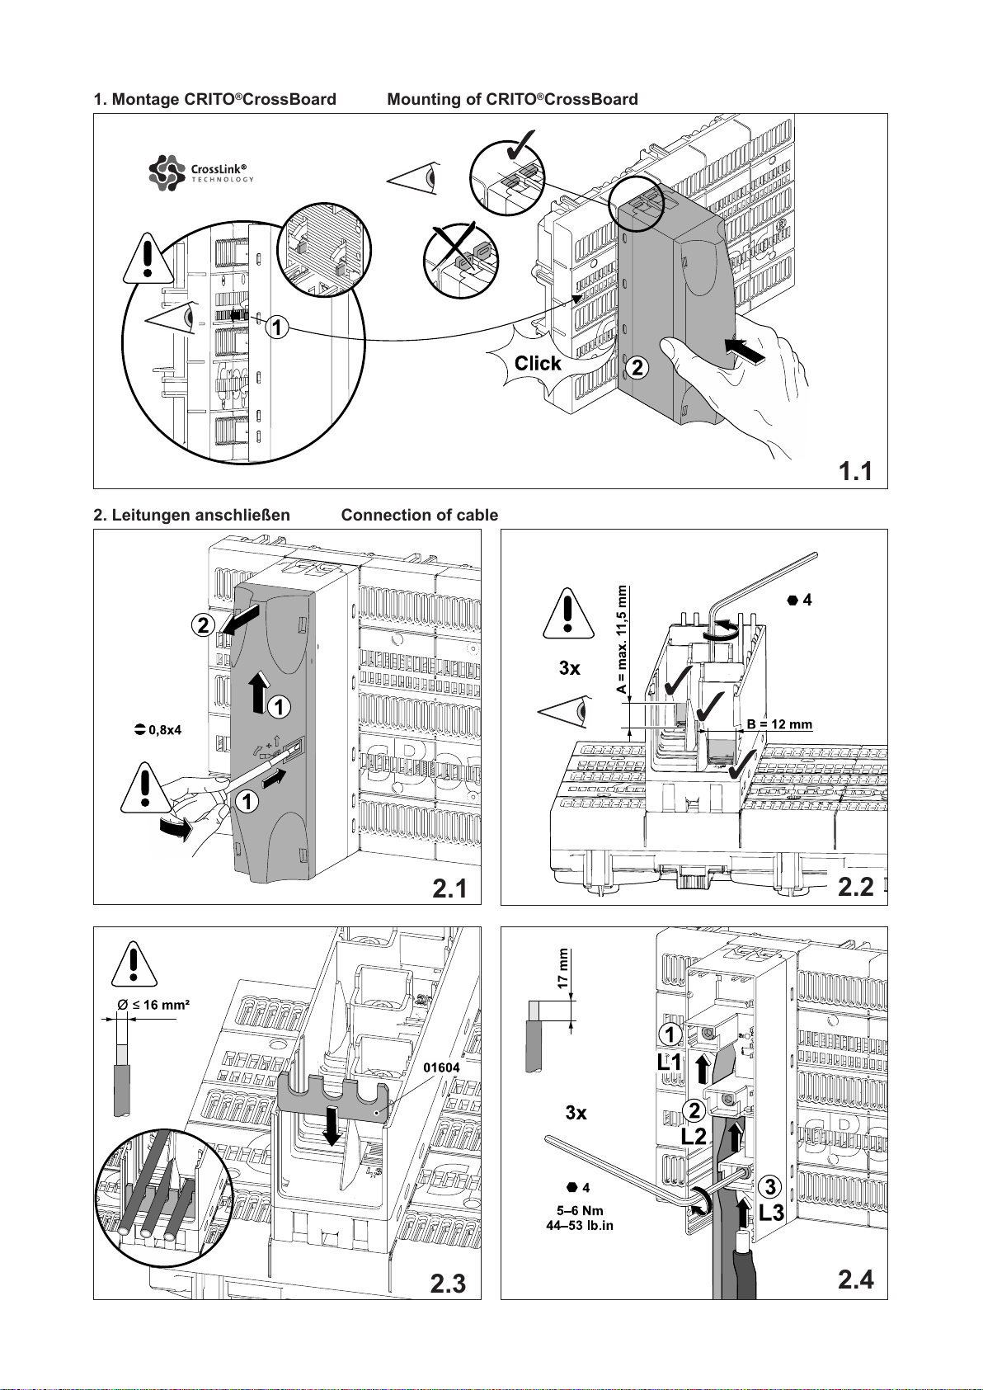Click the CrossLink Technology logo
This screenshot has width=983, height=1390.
[201, 172]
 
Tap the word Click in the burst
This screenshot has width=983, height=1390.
[538, 364]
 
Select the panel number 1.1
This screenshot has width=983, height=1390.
[855, 471]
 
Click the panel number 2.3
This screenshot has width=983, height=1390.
[448, 1284]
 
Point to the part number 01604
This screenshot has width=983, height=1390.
[441, 1067]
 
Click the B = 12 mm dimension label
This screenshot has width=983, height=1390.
[779, 724]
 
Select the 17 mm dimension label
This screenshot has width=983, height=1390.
[562, 968]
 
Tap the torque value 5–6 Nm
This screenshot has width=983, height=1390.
[580, 1211]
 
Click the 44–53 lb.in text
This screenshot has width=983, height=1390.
[580, 1226]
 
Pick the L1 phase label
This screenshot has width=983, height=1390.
[670, 1063]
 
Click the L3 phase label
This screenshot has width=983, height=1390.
[772, 1212]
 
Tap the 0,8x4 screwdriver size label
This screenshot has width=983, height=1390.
[158, 730]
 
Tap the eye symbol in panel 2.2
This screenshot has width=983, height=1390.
[565, 712]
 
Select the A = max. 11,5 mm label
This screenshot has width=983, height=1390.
[622, 640]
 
